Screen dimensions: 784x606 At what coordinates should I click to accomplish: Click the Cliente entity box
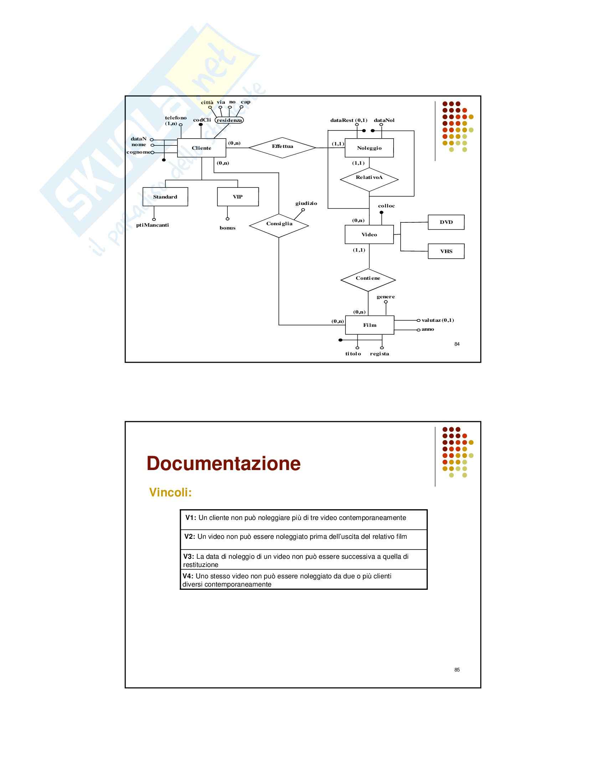tap(201, 148)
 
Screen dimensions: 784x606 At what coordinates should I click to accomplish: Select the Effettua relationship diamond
tap(282, 147)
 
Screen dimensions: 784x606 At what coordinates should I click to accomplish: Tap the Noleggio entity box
tap(369, 148)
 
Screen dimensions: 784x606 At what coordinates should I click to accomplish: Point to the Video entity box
tap(369, 234)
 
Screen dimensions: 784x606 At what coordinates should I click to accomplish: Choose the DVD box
tap(446, 222)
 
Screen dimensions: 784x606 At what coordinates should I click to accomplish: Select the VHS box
tap(446, 251)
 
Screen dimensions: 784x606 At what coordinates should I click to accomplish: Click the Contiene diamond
tap(368, 279)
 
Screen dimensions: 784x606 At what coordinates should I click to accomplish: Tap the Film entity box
tap(369, 325)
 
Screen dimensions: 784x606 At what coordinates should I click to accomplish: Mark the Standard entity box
tap(165, 197)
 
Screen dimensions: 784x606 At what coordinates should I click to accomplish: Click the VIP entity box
tap(238, 197)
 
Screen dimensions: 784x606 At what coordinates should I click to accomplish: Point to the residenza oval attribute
tap(229, 120)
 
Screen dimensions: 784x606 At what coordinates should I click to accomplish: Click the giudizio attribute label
tap(306, 203)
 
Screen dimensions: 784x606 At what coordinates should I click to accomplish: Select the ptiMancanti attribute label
tap(153, 225)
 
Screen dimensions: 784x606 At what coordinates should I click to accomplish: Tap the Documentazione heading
tap(223, 463)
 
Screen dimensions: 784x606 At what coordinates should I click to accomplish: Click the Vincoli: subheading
tap(170, 492)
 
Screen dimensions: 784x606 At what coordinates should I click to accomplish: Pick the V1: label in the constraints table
tap(190, 518)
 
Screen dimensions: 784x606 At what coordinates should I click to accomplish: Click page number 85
tap(457, 670)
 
